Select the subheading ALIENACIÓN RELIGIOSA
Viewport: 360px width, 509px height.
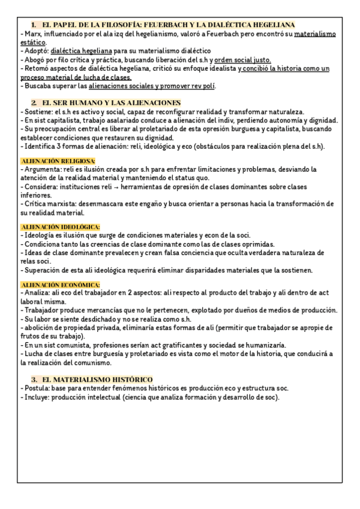58,161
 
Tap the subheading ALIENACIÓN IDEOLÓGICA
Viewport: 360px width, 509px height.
60,226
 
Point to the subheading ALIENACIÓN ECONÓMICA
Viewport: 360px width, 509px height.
60,283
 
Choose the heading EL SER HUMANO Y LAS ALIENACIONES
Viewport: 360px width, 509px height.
112,103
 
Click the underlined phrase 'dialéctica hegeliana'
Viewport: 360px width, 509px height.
81,52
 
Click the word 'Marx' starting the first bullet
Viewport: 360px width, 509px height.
31,34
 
